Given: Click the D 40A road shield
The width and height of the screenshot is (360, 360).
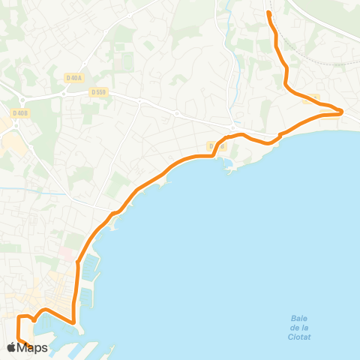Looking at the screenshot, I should point(73,77).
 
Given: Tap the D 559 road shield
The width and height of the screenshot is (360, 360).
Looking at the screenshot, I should point(97,92).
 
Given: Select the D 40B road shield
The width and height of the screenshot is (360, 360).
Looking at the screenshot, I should point(19,113).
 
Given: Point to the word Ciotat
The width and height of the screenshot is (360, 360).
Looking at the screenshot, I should point(299,337).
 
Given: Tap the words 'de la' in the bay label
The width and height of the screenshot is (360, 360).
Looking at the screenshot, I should point(299,327).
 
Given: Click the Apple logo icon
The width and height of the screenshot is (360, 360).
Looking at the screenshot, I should point(12,347).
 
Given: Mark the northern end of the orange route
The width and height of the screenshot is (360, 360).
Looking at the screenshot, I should point(269,13).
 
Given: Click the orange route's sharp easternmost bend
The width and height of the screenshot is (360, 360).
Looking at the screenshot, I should point(342,112).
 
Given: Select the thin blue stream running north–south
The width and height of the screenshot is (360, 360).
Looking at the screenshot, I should point(238,75).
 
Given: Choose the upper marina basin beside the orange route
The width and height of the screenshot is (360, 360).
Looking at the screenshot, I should point(88,266).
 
